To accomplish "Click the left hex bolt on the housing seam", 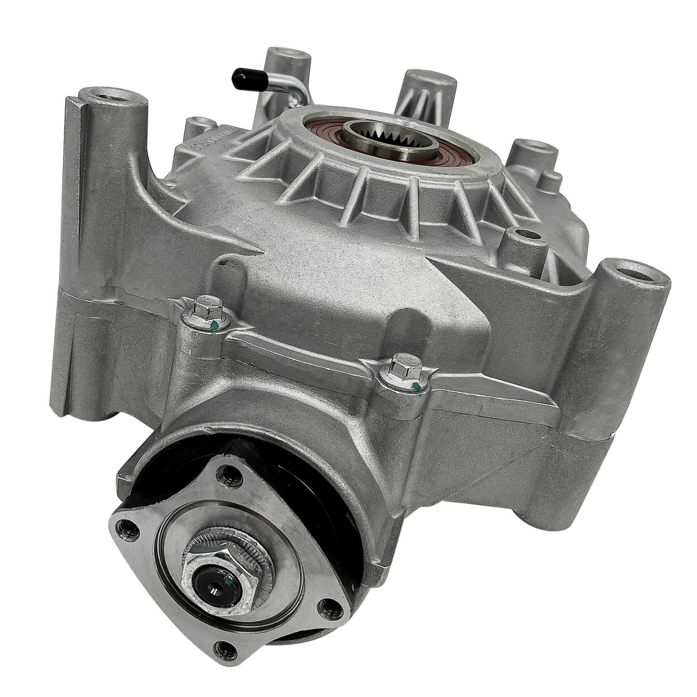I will click(x=206, y=309).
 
